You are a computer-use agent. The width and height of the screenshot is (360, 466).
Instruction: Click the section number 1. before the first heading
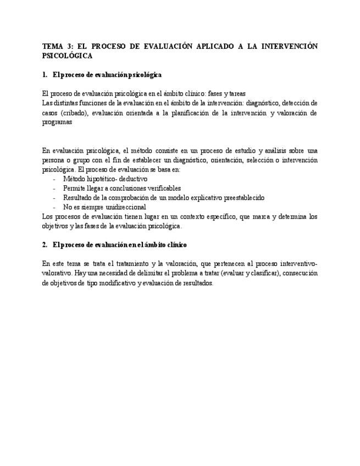45,75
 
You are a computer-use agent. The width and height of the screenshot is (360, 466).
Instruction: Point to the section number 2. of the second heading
45,244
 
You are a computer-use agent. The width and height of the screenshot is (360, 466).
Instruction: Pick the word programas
57,123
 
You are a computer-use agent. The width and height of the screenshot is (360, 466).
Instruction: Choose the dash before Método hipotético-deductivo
54,179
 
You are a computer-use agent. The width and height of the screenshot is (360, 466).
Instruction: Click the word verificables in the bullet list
162,188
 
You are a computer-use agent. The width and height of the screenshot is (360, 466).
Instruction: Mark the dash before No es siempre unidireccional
54,207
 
